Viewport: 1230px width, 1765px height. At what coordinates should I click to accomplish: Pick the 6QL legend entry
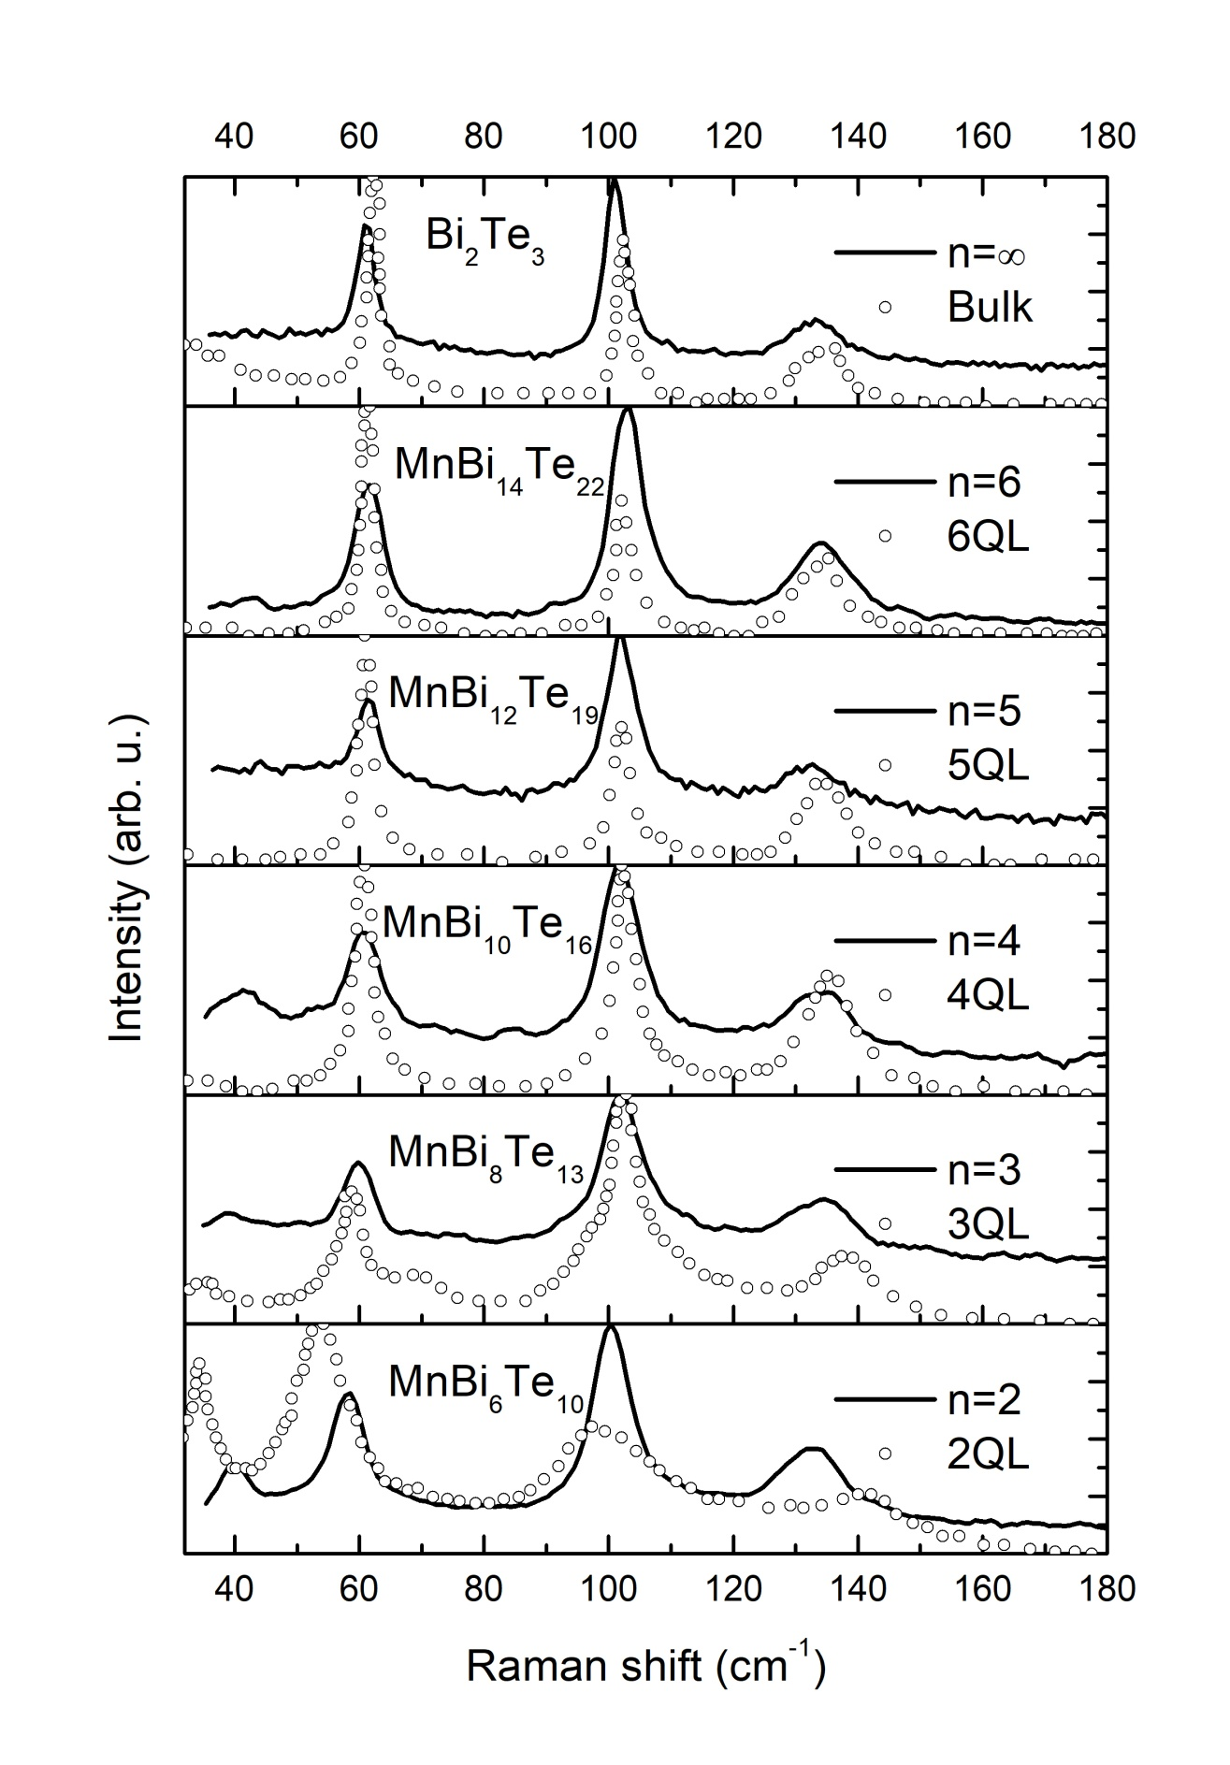(987, 537)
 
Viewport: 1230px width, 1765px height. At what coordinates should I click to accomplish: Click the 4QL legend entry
(987, 995)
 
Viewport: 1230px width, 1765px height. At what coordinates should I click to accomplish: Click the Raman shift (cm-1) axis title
(646, 1667)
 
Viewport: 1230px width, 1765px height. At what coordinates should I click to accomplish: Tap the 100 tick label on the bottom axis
(608, 1588)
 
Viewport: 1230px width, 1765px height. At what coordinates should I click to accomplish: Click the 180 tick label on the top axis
(1107, 136)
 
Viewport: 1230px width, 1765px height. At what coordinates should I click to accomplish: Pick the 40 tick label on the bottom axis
(235, 1588)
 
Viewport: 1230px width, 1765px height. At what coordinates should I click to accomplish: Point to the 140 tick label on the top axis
(857, 136)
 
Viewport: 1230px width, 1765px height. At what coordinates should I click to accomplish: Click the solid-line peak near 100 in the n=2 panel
(611, 1328)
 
